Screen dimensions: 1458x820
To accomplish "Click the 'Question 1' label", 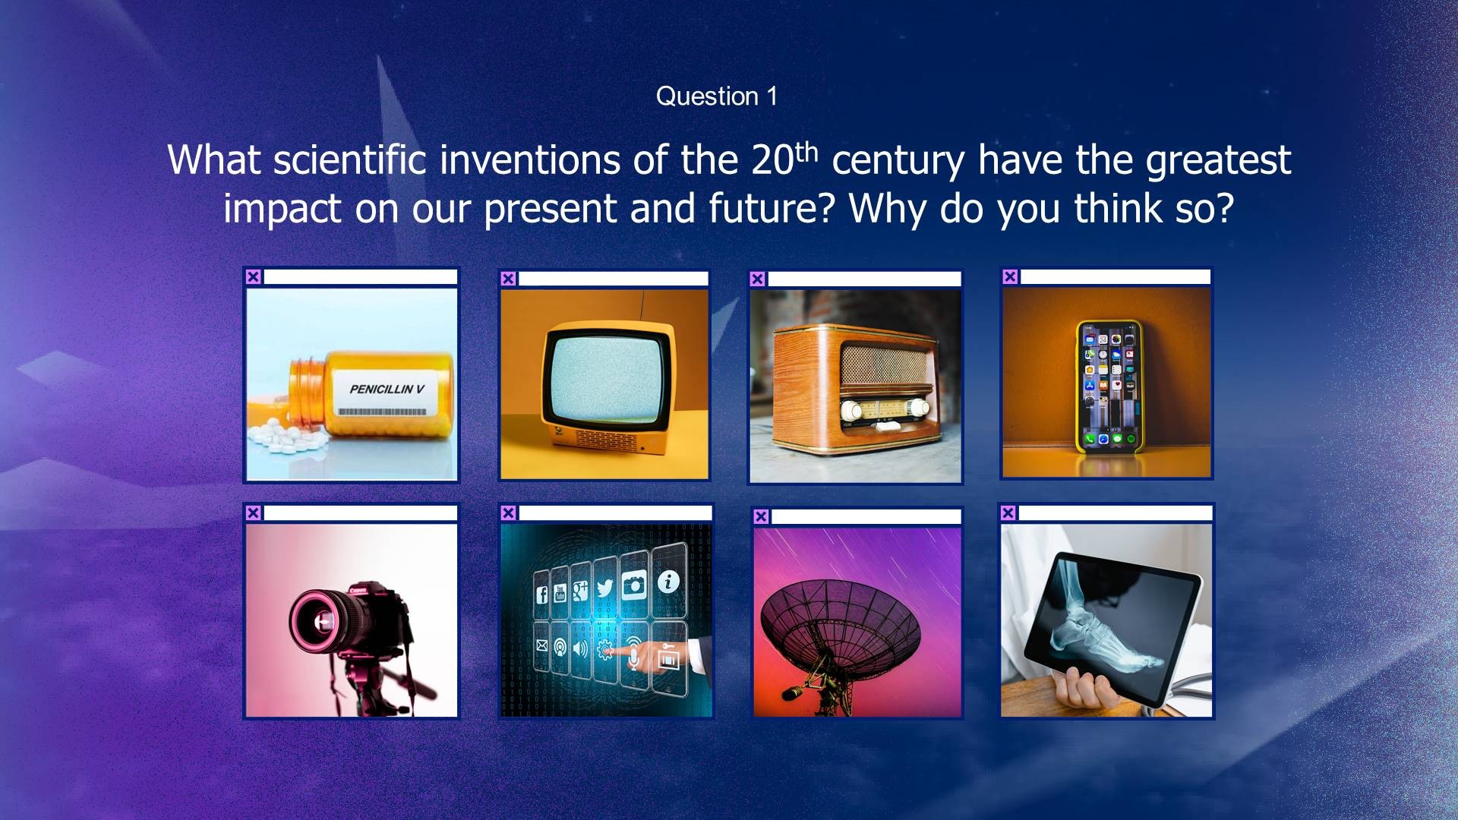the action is click(x=716, y=96).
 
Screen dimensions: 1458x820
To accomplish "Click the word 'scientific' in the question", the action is click(x=350, y=160).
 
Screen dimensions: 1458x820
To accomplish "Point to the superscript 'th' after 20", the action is click(x=806, y=152).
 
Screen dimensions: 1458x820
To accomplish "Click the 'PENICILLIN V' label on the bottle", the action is click(x=387, y=389).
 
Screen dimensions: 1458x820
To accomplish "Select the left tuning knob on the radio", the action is click(x=851, y=411).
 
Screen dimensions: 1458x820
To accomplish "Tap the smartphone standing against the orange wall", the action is click(x=1109, y=386).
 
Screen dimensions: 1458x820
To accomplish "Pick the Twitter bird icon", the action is click(x=605, y=588).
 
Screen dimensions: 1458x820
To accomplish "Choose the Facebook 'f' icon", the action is click(x=542, y=594).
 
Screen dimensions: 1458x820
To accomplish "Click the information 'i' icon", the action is click(x=668, y=582).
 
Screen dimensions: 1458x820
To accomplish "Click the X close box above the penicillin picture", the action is click(x=254, y=277).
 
